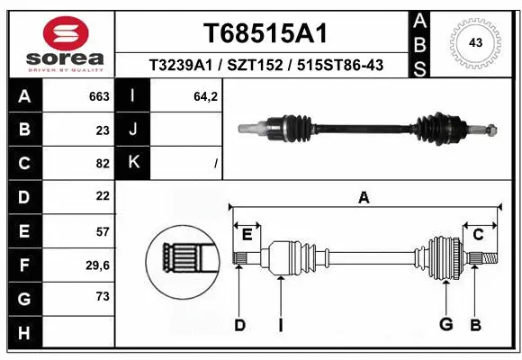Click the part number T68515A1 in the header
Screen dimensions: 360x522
[263, 33]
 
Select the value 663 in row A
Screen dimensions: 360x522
[99, 96]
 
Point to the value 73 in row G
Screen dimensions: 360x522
[103, 297]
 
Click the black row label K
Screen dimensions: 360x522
[134, 163]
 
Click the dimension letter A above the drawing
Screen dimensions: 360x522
[364, 199]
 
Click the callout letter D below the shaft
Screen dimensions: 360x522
[239, 325]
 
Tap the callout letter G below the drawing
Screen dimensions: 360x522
[445, 325]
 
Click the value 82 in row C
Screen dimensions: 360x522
[103, 163]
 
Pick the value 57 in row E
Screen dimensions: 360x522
[103, 230]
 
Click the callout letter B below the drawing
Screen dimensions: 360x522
[476, 325]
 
